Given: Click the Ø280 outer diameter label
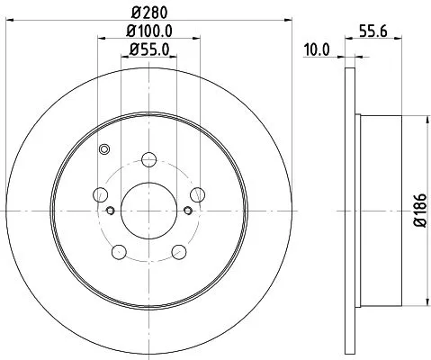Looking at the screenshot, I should click(x=148, y=13).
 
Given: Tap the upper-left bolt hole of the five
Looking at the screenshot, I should click(x=101, y=194).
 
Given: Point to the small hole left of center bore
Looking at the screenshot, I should click(x=111, y=211).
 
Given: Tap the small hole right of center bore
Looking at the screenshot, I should click(x=187, y=211).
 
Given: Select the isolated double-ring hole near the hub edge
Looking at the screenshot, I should click(x=104, y=149).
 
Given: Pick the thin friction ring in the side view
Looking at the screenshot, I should click(x=350, y=209).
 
